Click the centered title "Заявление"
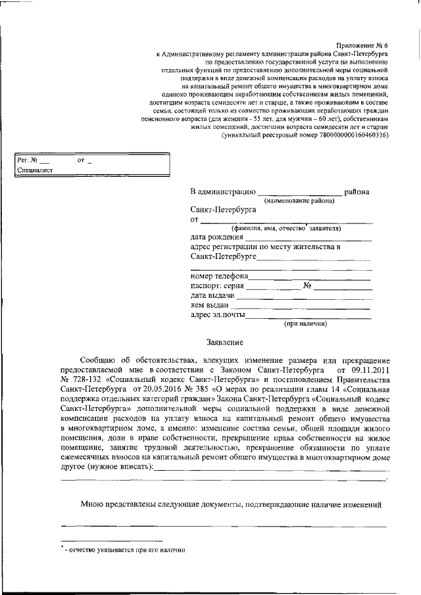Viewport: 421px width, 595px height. pyautogui.click(x=225, y=343)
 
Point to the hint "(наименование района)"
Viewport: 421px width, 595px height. pyautogui.click(x=299, y=201)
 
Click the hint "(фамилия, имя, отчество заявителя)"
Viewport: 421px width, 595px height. pyautogui.click(x=289, y=229)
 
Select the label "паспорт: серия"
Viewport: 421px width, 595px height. pyautogui.click(x=218, y=286)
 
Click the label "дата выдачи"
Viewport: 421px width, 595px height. pyautogui.click(x=212, y=296)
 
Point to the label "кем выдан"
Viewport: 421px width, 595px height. pyautogui.click(x=209, y=305)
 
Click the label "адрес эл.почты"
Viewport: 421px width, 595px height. pyautogui.click(x=218, y=315)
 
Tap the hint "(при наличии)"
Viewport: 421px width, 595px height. pyautogui.click(x=305, y=324)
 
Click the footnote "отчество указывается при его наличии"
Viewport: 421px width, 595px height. pyautogui.click(x=122, y=550)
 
